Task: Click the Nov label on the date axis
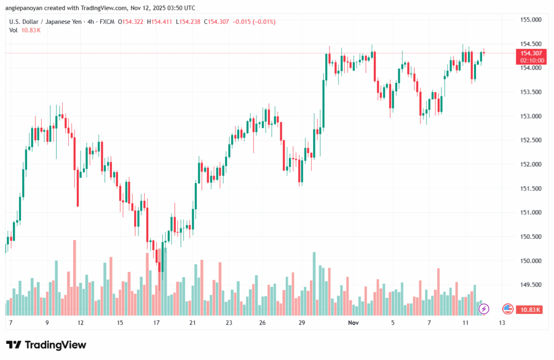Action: (x=354, y=323)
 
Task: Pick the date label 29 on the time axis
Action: (x=302, y=323)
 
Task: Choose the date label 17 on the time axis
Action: (x=156, y=323)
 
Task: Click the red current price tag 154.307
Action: (x=530, y=53)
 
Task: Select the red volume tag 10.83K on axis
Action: (x=530, y=309)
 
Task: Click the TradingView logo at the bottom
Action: (x=46, y=345)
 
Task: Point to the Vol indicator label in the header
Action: (x=14, y=30)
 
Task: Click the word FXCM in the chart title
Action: (x=107, y=22)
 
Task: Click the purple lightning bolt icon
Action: (x=484, y=309)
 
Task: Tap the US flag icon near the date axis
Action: (x=507, y=309)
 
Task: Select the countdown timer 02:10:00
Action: (x=530, y=60)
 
